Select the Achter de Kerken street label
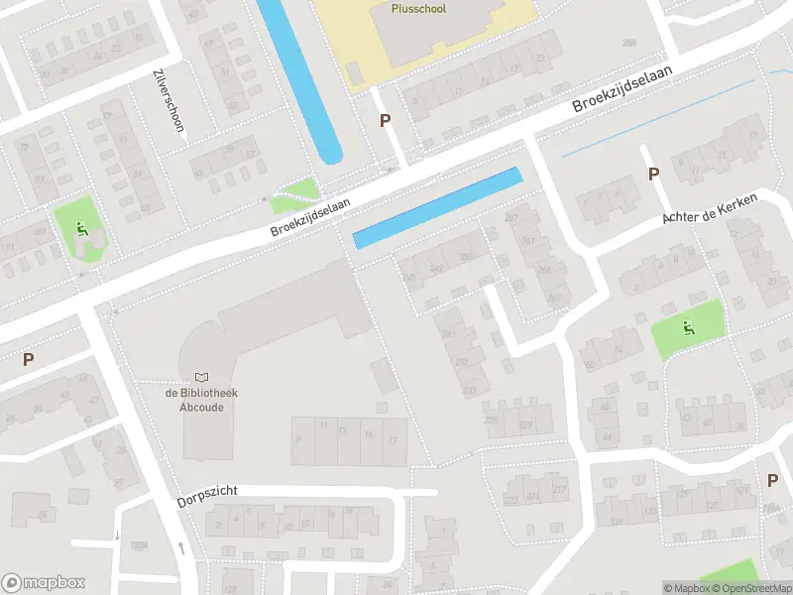click(710, 210)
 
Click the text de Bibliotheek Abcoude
click(201, 399)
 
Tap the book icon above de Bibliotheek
click(202, 377)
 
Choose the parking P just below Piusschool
click(385, 121)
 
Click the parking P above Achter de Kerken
click(653, 175)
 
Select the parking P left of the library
click(28, 360)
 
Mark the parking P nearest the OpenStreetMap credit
click(772, 480)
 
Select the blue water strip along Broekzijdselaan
click(437, 208)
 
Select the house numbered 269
click(466, 258)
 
